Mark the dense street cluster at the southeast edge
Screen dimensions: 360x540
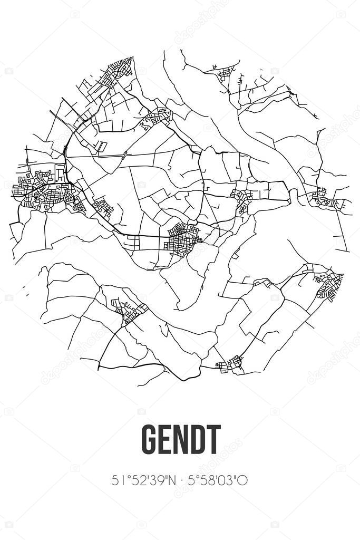[x=329, y=285]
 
